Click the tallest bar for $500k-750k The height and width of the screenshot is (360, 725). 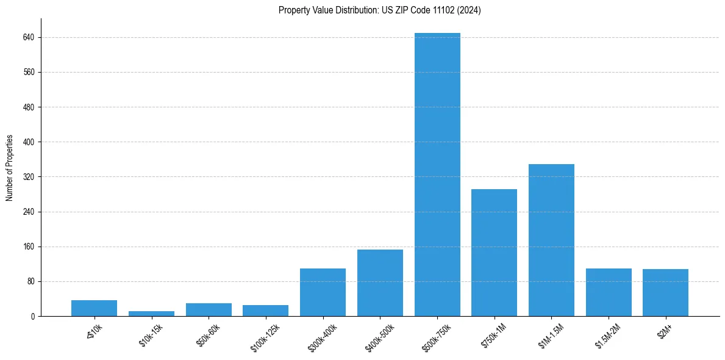point(437,175)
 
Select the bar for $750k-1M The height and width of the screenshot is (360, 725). point(494,253)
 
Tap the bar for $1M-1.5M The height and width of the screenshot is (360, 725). point(551,240)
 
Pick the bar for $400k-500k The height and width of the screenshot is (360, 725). point(380,283)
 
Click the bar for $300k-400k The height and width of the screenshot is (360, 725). point(323,292)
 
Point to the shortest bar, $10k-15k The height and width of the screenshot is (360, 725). point(151,314)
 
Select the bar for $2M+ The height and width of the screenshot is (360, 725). point(665,292)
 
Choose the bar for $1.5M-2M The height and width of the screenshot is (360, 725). point(609,292)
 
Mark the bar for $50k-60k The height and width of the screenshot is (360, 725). point(209,310)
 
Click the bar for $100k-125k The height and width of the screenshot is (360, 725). point(265,311)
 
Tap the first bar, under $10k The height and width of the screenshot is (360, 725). point(94,308)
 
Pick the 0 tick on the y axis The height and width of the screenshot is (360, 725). point(33,317)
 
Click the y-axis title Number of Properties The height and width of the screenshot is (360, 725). point(10,168)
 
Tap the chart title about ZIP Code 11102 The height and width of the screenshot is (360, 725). point(379,10)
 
